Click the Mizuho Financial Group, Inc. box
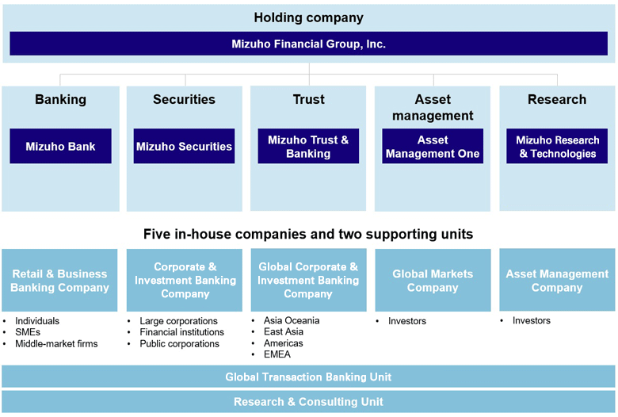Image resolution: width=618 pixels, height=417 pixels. pos(308,44)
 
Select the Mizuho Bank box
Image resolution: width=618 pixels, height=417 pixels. pos(60,147)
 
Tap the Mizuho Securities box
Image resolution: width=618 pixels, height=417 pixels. pos(184,147)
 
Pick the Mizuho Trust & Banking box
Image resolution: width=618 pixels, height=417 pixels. pos(308,147)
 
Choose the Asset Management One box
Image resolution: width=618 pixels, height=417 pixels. pos(433,147)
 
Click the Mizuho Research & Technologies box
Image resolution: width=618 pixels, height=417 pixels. pos(557,147)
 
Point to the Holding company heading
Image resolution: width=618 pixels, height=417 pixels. pos(308,17)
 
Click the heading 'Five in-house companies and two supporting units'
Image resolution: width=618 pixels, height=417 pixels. pos(308,234)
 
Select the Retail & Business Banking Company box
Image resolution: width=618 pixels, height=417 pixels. pos(59,281)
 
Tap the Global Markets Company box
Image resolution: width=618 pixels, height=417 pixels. pos(433,281)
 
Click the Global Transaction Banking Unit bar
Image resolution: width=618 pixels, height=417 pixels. pos(308,377)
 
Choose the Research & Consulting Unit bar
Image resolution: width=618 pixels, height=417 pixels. pos(308,402)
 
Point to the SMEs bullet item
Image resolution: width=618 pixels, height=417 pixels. pos(28,332)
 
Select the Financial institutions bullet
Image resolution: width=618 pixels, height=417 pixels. pos(181,332)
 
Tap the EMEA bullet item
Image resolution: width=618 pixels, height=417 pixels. pos(278,355)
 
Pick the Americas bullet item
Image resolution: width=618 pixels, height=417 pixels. pos(283,343)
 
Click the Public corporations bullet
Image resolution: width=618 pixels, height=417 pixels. pos(179,344)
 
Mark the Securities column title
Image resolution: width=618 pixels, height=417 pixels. pos(184,99)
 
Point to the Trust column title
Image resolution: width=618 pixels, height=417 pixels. pos(308,99)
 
